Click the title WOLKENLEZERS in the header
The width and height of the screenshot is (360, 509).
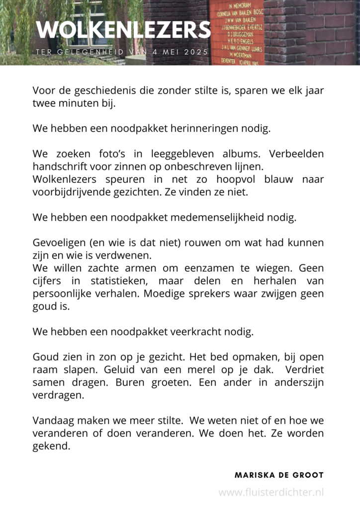[123, 30]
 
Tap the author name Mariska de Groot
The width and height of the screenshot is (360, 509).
[279, 475]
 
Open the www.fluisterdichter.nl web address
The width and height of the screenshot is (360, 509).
[271, 492]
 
